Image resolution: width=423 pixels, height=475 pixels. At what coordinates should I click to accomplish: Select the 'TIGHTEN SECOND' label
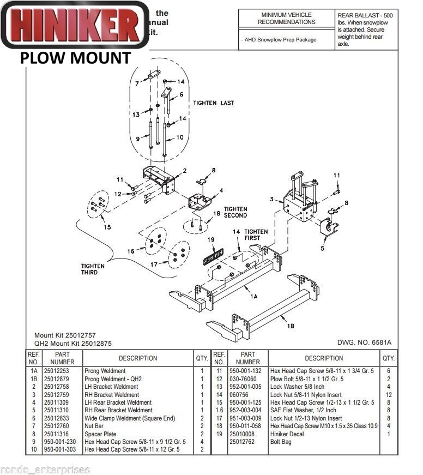tap(235, 212)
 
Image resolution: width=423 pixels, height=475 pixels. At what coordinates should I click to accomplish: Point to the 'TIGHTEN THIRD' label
tap(93, 269)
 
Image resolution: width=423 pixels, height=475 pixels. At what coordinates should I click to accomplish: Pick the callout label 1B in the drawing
tap(291, 326)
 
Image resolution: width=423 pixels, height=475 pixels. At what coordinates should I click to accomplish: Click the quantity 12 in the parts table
tap(388, 394)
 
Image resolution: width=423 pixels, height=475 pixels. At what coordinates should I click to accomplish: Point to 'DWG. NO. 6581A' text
tap(365, 342)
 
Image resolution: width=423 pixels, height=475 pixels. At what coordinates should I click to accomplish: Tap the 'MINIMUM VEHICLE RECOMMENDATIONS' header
tap(286, 19)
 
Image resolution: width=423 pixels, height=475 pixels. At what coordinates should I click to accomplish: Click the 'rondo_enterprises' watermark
tap(45, 470)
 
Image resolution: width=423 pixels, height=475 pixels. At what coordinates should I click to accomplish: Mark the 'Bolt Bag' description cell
tap(281, 442)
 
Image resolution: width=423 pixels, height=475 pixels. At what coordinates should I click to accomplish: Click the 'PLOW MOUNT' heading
tap(76, 58)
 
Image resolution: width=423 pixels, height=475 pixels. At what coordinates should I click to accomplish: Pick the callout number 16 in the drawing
tap(130, 251)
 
